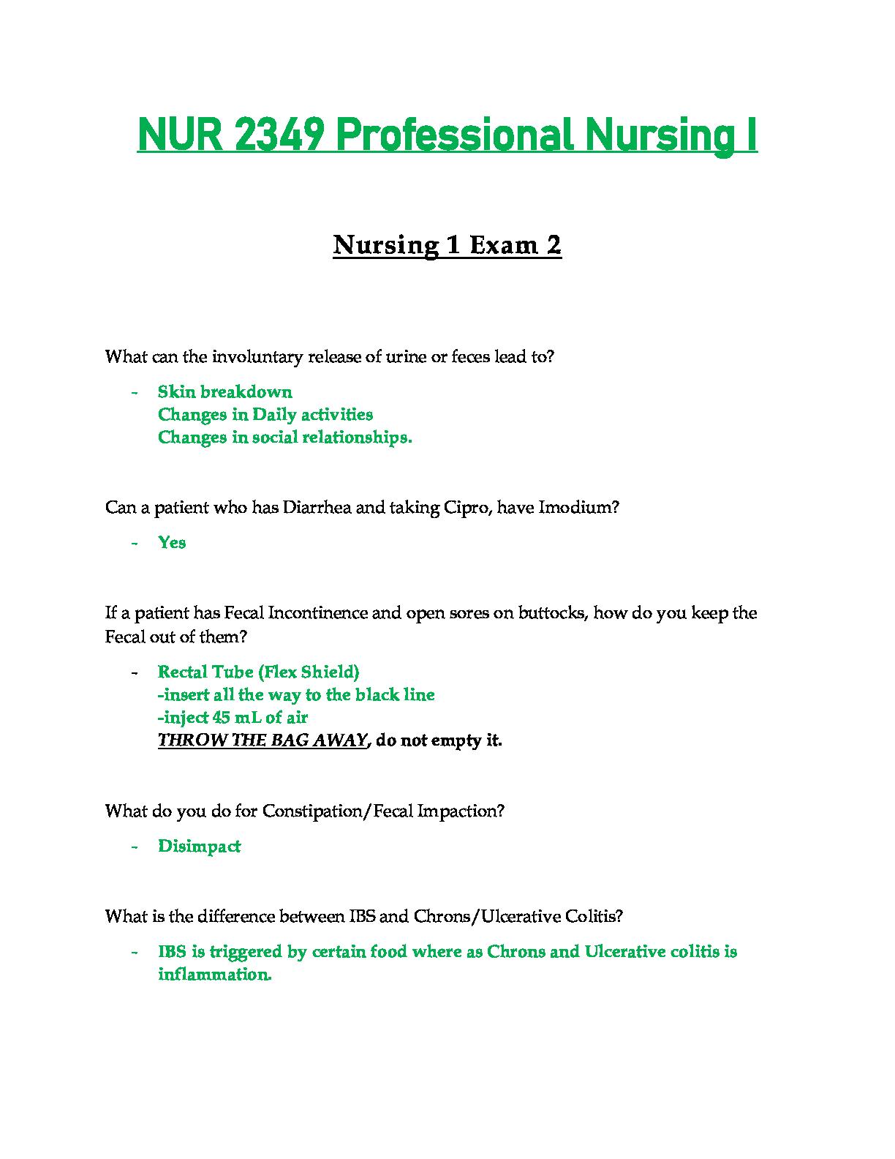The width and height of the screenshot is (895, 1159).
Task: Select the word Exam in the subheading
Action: [502, 245]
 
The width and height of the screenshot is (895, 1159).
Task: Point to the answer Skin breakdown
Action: [224, 392]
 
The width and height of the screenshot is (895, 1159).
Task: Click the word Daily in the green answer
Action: [270, 415]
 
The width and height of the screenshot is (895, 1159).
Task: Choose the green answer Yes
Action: [172, 543]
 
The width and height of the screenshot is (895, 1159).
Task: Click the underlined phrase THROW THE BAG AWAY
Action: [262, 740]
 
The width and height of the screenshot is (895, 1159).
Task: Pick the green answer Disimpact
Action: [199, 847]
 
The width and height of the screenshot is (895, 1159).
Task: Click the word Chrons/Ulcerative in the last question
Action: [477, 917]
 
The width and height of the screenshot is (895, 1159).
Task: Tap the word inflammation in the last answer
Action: [214, 975]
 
